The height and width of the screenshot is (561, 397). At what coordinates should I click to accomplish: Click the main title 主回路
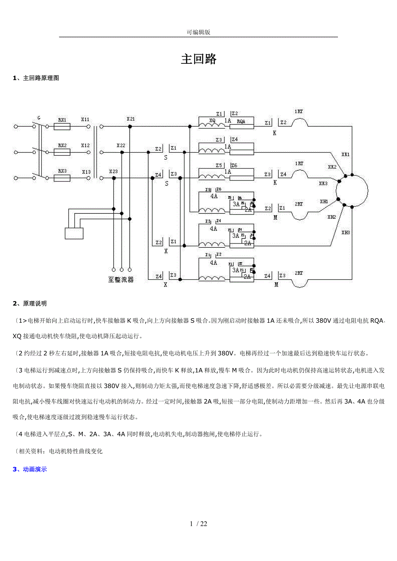click(x=198, y=59)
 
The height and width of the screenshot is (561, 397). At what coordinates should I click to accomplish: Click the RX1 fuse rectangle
click(x=62, y=127)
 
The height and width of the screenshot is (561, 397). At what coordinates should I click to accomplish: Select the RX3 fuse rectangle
click(x=62, y=178)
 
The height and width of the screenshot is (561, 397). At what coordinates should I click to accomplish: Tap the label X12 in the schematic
click(x=85, y=146)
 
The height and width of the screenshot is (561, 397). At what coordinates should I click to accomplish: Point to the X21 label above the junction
click(x=131, y=118)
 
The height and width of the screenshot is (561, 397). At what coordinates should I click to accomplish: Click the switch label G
click(x=39, y=118)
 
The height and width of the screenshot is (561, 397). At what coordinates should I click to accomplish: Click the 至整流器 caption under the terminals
click(x=121, y=279)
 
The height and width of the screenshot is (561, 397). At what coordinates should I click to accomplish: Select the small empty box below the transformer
click(x=74, y=233)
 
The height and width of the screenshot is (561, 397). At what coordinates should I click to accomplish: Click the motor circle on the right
click(x=352, y=190)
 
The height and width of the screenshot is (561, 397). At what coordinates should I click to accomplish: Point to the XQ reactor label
click(x=212, y=121)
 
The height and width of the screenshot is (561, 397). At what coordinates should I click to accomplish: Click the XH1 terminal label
click(x=324, y=201)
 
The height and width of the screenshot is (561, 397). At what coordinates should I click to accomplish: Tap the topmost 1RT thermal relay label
click(x=298, y=112)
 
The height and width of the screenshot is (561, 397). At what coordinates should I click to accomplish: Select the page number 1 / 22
click(x=198, y=524)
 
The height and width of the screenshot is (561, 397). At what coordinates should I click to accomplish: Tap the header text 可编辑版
click(x=198, y=32)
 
